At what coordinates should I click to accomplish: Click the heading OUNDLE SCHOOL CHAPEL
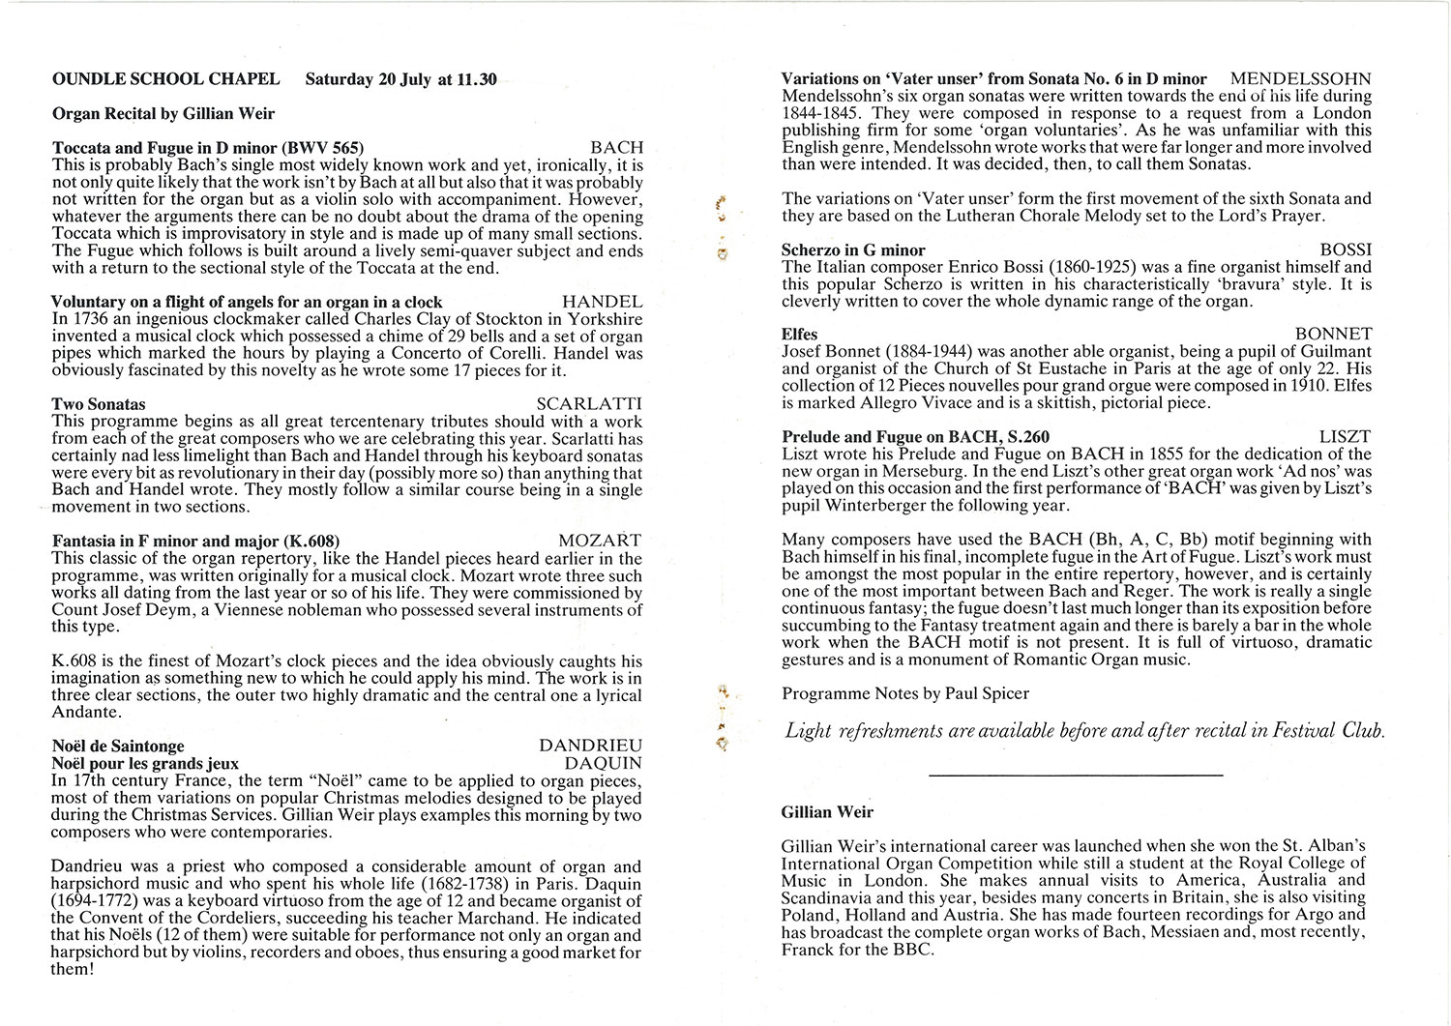(x=165, y=79)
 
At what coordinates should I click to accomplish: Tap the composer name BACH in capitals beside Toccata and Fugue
(x=616, y=148)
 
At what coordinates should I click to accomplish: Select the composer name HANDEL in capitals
(x=602, y=302)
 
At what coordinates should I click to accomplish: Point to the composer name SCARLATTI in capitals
(x=588, y=404)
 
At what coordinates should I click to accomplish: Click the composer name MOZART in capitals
(x=600, y=541)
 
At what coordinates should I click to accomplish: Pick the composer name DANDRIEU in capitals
(x=589, y=747)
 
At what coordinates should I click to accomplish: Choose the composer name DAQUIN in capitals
(x=603, y=764)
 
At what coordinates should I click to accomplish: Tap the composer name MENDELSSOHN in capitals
(x=1301, y=79)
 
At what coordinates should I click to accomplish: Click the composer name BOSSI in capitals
(x=1346, y=249)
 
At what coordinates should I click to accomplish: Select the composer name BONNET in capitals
(x=1333, y=335)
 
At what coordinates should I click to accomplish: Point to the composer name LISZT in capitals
(x=1345, y=437)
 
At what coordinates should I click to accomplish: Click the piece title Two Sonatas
(x=99, y=404)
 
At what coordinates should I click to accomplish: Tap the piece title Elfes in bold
(x=799, y=335)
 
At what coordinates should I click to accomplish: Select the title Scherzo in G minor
(x=853, y=249)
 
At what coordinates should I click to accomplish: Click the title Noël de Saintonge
(x=118, y=747)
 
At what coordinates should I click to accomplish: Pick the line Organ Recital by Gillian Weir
(x=163, y=113)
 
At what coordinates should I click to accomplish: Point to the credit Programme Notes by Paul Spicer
(x=905, y=693)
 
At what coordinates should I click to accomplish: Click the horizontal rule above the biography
(x=1075, y=775)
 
